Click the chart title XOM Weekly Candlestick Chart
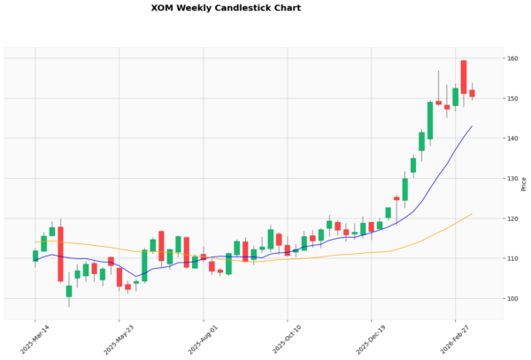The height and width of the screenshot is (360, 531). coord(226,8)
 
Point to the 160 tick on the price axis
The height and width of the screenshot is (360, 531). coord(512,58)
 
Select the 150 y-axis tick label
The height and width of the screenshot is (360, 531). coord(512,98)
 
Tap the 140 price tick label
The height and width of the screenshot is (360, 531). coord(512,139)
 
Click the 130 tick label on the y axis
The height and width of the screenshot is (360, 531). coord(512,179)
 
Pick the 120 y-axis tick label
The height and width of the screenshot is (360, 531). coord(512,218)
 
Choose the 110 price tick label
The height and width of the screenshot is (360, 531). coord(512,258)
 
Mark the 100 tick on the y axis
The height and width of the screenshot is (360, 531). coord(512,299)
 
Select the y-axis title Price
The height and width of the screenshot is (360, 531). coord(524,183)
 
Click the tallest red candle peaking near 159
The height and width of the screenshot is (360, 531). coord(464,77)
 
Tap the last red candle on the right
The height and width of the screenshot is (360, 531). coord(472,93)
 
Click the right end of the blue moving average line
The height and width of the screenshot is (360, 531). coord(472,126)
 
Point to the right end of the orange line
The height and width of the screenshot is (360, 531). coord(472,214)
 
